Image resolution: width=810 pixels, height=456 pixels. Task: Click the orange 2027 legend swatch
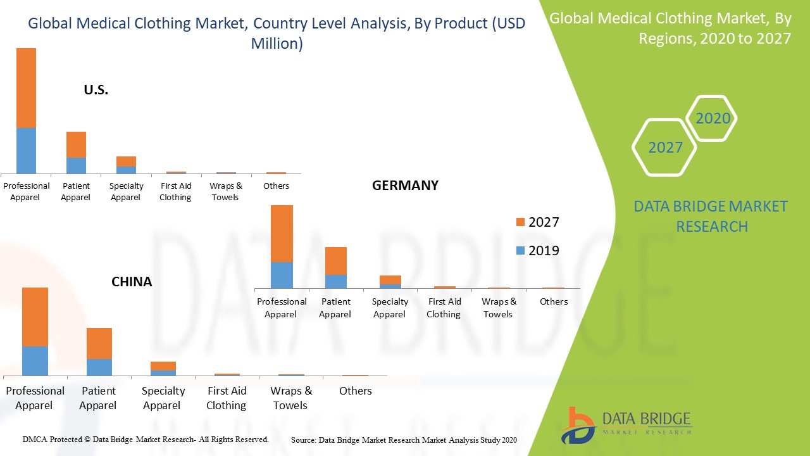coord(521,222)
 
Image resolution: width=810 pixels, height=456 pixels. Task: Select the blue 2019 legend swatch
coord(521,251)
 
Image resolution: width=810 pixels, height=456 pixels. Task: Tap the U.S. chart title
coord(96,90)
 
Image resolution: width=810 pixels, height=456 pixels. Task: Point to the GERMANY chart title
coord(405,186)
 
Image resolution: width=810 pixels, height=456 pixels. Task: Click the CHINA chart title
coord(132,282)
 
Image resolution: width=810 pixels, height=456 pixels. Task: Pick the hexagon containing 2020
coord(713,118)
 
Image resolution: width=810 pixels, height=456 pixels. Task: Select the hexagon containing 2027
coord(665,148)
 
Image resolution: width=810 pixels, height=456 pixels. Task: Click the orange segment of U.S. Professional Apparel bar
coord(26,88)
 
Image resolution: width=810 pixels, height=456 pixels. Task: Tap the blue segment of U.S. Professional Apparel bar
coord(26,151)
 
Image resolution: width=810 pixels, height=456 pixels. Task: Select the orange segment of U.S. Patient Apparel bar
coord(76,144)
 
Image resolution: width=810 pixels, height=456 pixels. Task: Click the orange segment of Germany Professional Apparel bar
coord(282,234)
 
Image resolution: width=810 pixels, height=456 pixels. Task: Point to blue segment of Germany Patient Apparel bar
coord(335,281)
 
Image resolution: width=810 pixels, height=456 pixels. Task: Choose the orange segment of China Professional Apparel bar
coord(35,317)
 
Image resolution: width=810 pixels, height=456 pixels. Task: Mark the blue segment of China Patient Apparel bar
coord(99,367)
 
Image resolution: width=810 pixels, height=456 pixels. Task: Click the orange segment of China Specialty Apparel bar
coord(163,365)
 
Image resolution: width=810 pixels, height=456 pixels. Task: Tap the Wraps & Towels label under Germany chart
coord(499,308)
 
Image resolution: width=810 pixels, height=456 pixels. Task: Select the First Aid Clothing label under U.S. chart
coord(176,191)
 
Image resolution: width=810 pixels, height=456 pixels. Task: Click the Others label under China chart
coord(356,391)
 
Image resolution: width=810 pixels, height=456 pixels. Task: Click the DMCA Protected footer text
coord(146,439)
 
